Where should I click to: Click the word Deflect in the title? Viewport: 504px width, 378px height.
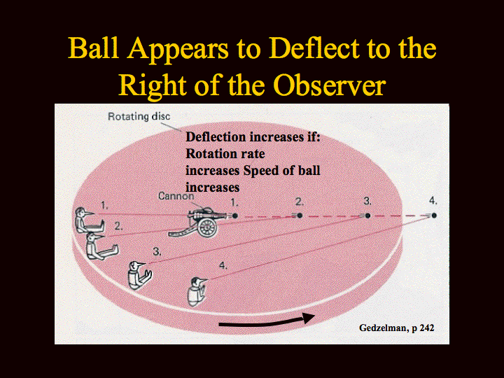tap(314, 48)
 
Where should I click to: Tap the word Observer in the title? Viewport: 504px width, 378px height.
tap(330, 85)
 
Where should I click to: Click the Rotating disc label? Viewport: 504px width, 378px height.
tap(139, 116)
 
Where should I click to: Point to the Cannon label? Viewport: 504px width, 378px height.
tap(176, 196)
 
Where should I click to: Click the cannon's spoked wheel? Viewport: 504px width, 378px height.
tap(206, 227)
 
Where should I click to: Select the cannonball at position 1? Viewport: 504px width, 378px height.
tap(235, 216)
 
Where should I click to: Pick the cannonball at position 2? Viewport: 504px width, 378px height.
tap(300, 216)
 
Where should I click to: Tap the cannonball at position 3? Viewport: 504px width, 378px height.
tap(368, 216)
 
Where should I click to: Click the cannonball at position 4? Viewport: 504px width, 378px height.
tap(434, 216)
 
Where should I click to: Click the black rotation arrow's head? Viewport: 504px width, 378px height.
tap(309, 318)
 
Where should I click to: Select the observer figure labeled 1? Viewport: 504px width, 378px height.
tap(87, 220)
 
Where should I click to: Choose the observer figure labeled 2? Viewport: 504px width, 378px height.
tap(100, 246)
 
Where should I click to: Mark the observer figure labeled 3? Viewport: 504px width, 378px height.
tap(139, 274)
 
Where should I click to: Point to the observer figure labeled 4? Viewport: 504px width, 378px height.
tap(197, 291)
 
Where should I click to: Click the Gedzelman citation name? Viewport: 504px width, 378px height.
tap(383, 328)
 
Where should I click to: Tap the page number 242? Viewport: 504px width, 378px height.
tap(427, 328)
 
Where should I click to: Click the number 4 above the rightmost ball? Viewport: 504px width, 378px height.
tap(433, 201)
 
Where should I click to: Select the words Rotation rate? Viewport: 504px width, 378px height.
tap(225, 153)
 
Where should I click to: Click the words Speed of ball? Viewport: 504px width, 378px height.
tap(281, 170)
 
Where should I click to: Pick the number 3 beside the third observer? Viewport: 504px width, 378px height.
tap(157, 251)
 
